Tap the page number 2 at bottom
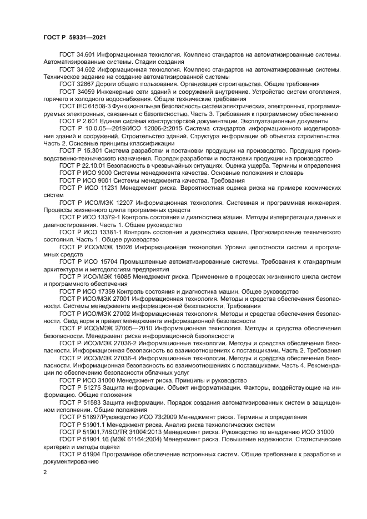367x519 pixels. pyautogui.click(x=45, y=472)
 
